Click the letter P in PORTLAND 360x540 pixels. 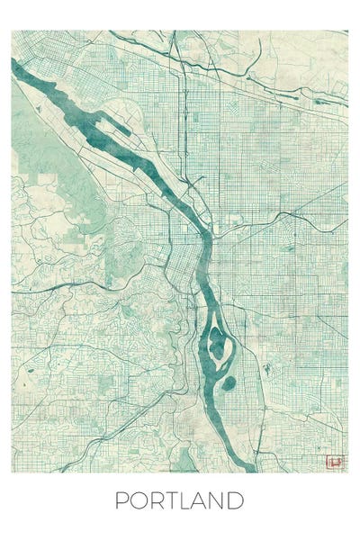point(121,500)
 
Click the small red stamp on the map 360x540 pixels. point(335,462)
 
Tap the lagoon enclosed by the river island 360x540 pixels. point(217,343)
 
